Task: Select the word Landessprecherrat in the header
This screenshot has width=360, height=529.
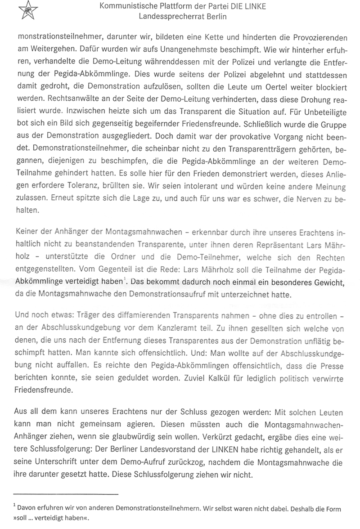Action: pos(168,16)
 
